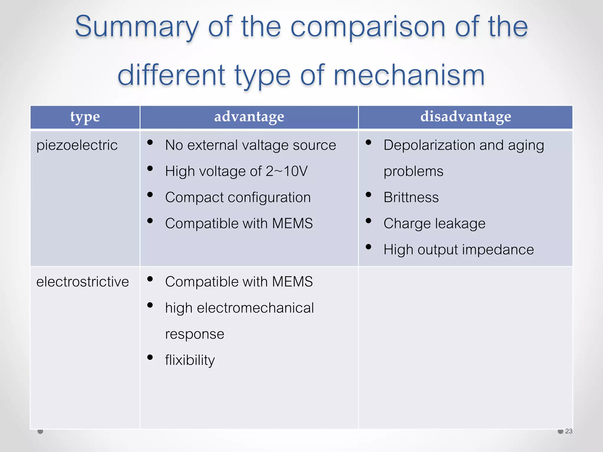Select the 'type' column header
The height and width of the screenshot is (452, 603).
click(85, 117)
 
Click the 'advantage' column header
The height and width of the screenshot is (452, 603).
click(249, 117)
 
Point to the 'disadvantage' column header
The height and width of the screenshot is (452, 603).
click(465, 117)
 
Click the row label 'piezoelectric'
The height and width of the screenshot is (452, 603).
click(77, 145)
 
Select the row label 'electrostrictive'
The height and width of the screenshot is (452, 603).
click(82, 282)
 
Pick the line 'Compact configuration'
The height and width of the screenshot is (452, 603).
click(238, 197)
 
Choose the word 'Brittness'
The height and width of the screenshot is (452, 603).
click(411, 197)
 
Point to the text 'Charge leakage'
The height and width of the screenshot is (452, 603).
click(434, 224)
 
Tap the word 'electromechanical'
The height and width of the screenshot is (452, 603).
click(255, 308)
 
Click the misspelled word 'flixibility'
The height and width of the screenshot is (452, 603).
click(190, 360)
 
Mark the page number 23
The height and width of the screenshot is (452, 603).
click(569, 431)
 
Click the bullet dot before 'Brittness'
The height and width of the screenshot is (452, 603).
click(368, 195)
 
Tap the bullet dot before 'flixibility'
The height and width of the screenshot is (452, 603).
click(150, 357)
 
